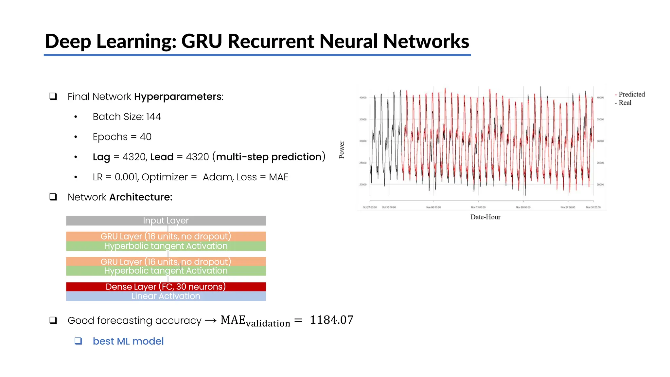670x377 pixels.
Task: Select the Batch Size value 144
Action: (153, 117)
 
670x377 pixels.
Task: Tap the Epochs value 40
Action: (146, 137)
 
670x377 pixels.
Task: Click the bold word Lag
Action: (101, 157)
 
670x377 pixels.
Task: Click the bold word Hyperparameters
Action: (178, 97)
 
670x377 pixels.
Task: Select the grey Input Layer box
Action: (166, 221)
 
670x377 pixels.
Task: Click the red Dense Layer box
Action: (166, 287)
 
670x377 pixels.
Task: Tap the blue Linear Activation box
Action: (166, 296)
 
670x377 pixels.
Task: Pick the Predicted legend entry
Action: (631, 94)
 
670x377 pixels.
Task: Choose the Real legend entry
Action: (625, 103)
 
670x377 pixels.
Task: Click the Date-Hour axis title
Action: (485, 217)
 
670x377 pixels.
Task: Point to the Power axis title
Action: (342, 150)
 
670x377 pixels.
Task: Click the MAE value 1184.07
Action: (331, 320)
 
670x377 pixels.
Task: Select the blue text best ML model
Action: (128, 341)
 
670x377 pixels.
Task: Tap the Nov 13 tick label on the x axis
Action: (478, 207)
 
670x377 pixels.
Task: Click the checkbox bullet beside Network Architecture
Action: (53, 197)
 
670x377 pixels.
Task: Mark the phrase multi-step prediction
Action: (269, 157)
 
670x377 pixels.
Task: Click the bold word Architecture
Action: (141, 197)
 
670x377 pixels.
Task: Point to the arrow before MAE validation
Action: (211, 321)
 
